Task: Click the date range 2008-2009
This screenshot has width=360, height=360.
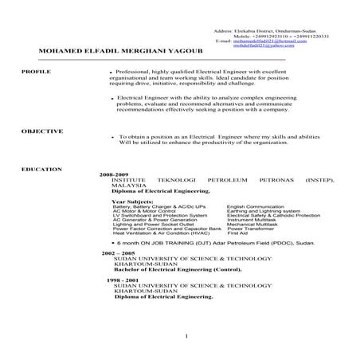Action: coord(114,173)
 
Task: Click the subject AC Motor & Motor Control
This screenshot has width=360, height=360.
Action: coord(141,211)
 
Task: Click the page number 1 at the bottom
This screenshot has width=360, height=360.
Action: coord(185,337)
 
